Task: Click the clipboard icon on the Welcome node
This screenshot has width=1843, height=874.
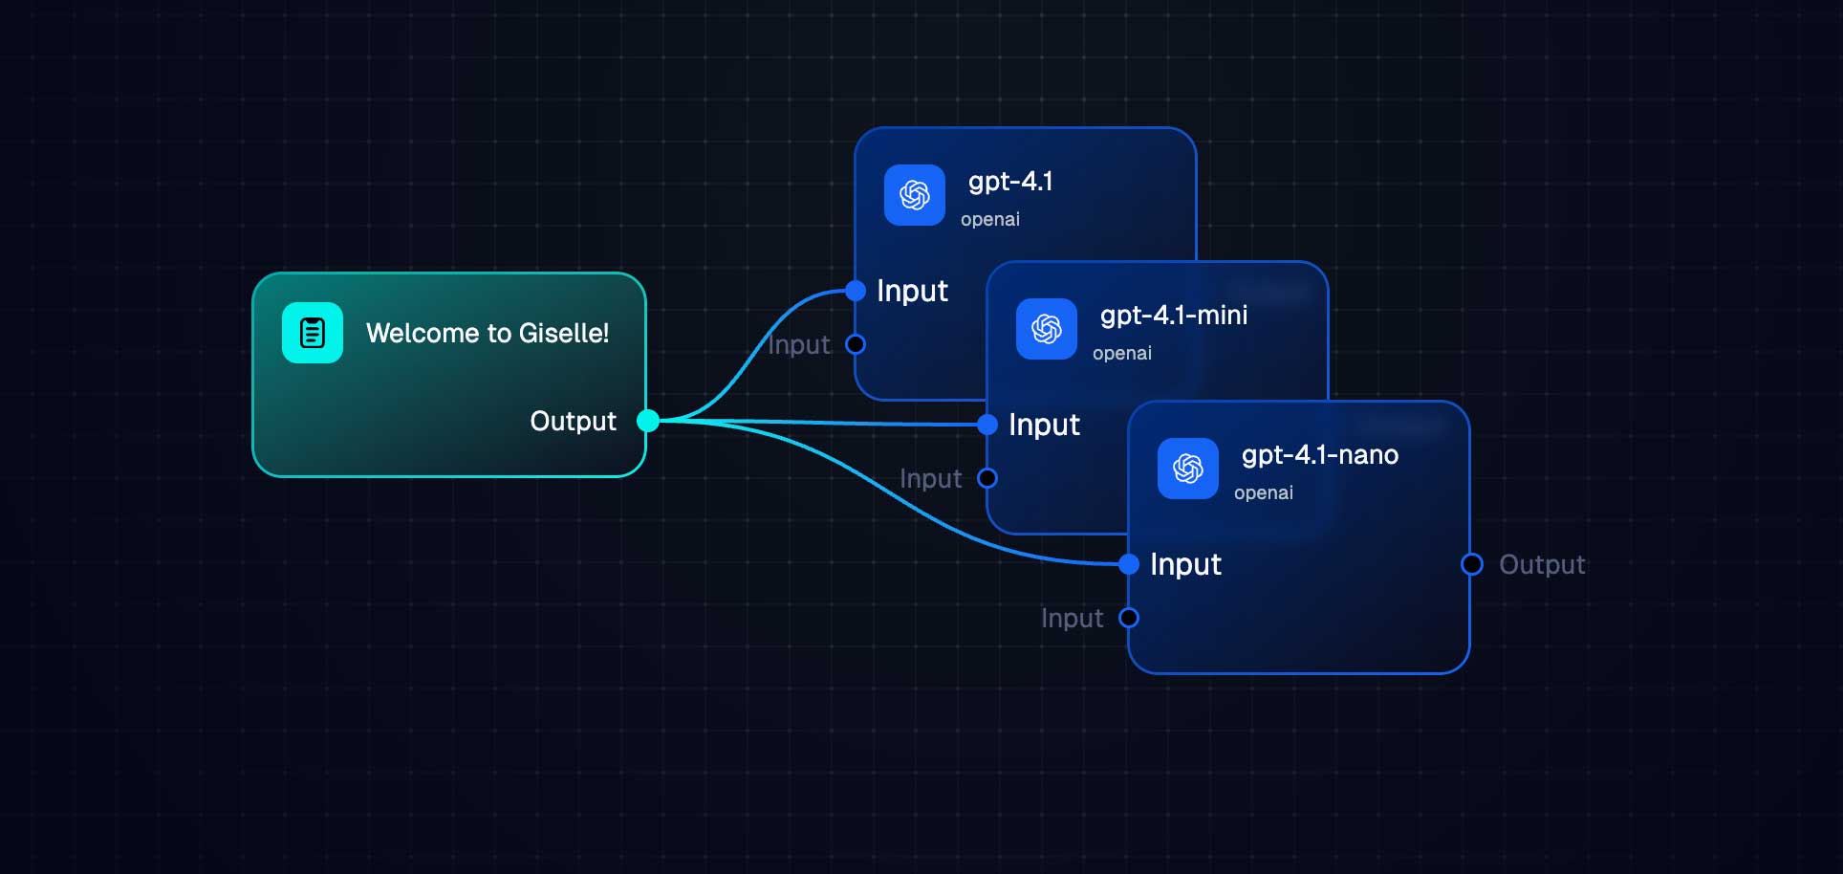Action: (313, 333)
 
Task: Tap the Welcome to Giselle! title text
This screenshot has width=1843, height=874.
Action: (487, 333)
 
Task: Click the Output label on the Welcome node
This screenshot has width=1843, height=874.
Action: (573, 421)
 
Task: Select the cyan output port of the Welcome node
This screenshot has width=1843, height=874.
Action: (648, 421)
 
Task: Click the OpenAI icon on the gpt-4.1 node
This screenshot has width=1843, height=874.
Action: (915, 195)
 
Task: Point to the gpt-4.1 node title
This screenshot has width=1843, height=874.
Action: (1010, 181)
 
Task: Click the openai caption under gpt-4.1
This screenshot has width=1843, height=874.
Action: (989, 219)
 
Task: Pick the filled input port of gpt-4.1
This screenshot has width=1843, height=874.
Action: (856, 291)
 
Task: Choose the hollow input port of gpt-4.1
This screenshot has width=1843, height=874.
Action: (856, 344)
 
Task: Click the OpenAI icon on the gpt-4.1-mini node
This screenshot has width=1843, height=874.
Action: (1047, 329)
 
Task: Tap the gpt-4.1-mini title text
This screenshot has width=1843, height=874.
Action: (1174, 315)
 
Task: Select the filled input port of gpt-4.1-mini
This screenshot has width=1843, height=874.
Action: (987, 425)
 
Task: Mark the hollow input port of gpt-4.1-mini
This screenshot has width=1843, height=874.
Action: (987, 478)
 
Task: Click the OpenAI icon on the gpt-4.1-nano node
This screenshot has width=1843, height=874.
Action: (1188, 469)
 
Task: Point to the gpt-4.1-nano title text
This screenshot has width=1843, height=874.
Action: (1320, 454)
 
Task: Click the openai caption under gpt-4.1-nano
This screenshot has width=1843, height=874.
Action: (1263, 492)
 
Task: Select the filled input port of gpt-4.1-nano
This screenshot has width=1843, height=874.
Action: (1129, 564)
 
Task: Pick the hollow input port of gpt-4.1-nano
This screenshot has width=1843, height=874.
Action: (1129, 618)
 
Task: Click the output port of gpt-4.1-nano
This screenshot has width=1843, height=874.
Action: (1472, 564)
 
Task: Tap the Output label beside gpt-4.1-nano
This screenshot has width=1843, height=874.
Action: (1542, 564)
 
